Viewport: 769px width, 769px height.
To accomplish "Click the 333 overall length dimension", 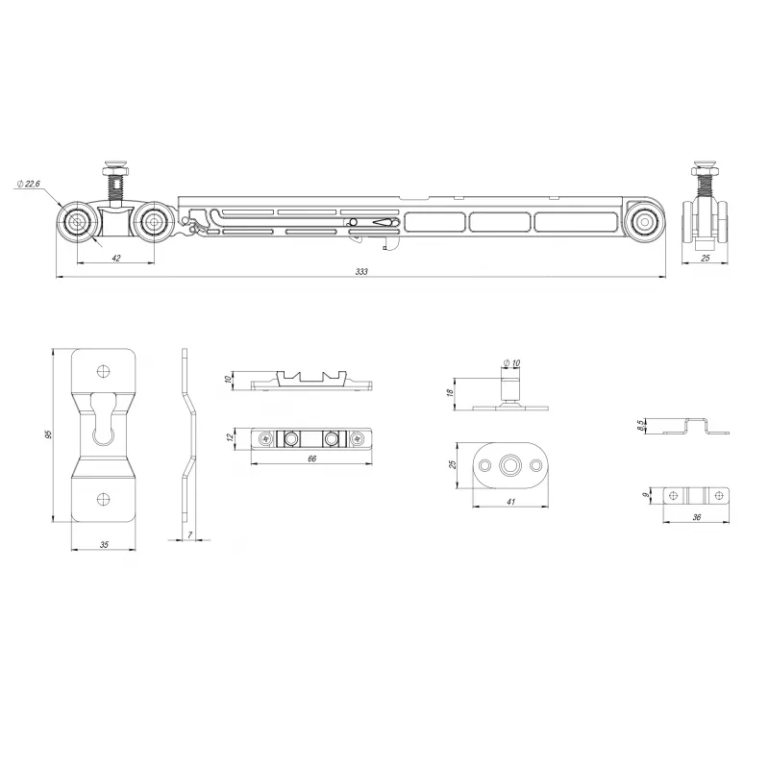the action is click(x=361, y=272).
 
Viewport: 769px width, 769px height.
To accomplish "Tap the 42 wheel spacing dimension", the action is click(x=116, y=258).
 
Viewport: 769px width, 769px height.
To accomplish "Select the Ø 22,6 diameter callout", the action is click(x=29, y=184).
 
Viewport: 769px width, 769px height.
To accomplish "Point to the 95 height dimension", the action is click(x=48, y=434).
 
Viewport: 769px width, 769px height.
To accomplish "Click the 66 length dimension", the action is click(x=311, y=459).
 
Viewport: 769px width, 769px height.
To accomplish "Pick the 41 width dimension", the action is click(x=511, y=502).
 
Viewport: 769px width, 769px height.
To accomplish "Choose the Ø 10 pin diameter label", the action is click(x=511, y=363).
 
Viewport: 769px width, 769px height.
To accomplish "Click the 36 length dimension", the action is click(x=696, y=517).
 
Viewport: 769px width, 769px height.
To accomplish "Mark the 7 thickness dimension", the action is click(x=189, y=535).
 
